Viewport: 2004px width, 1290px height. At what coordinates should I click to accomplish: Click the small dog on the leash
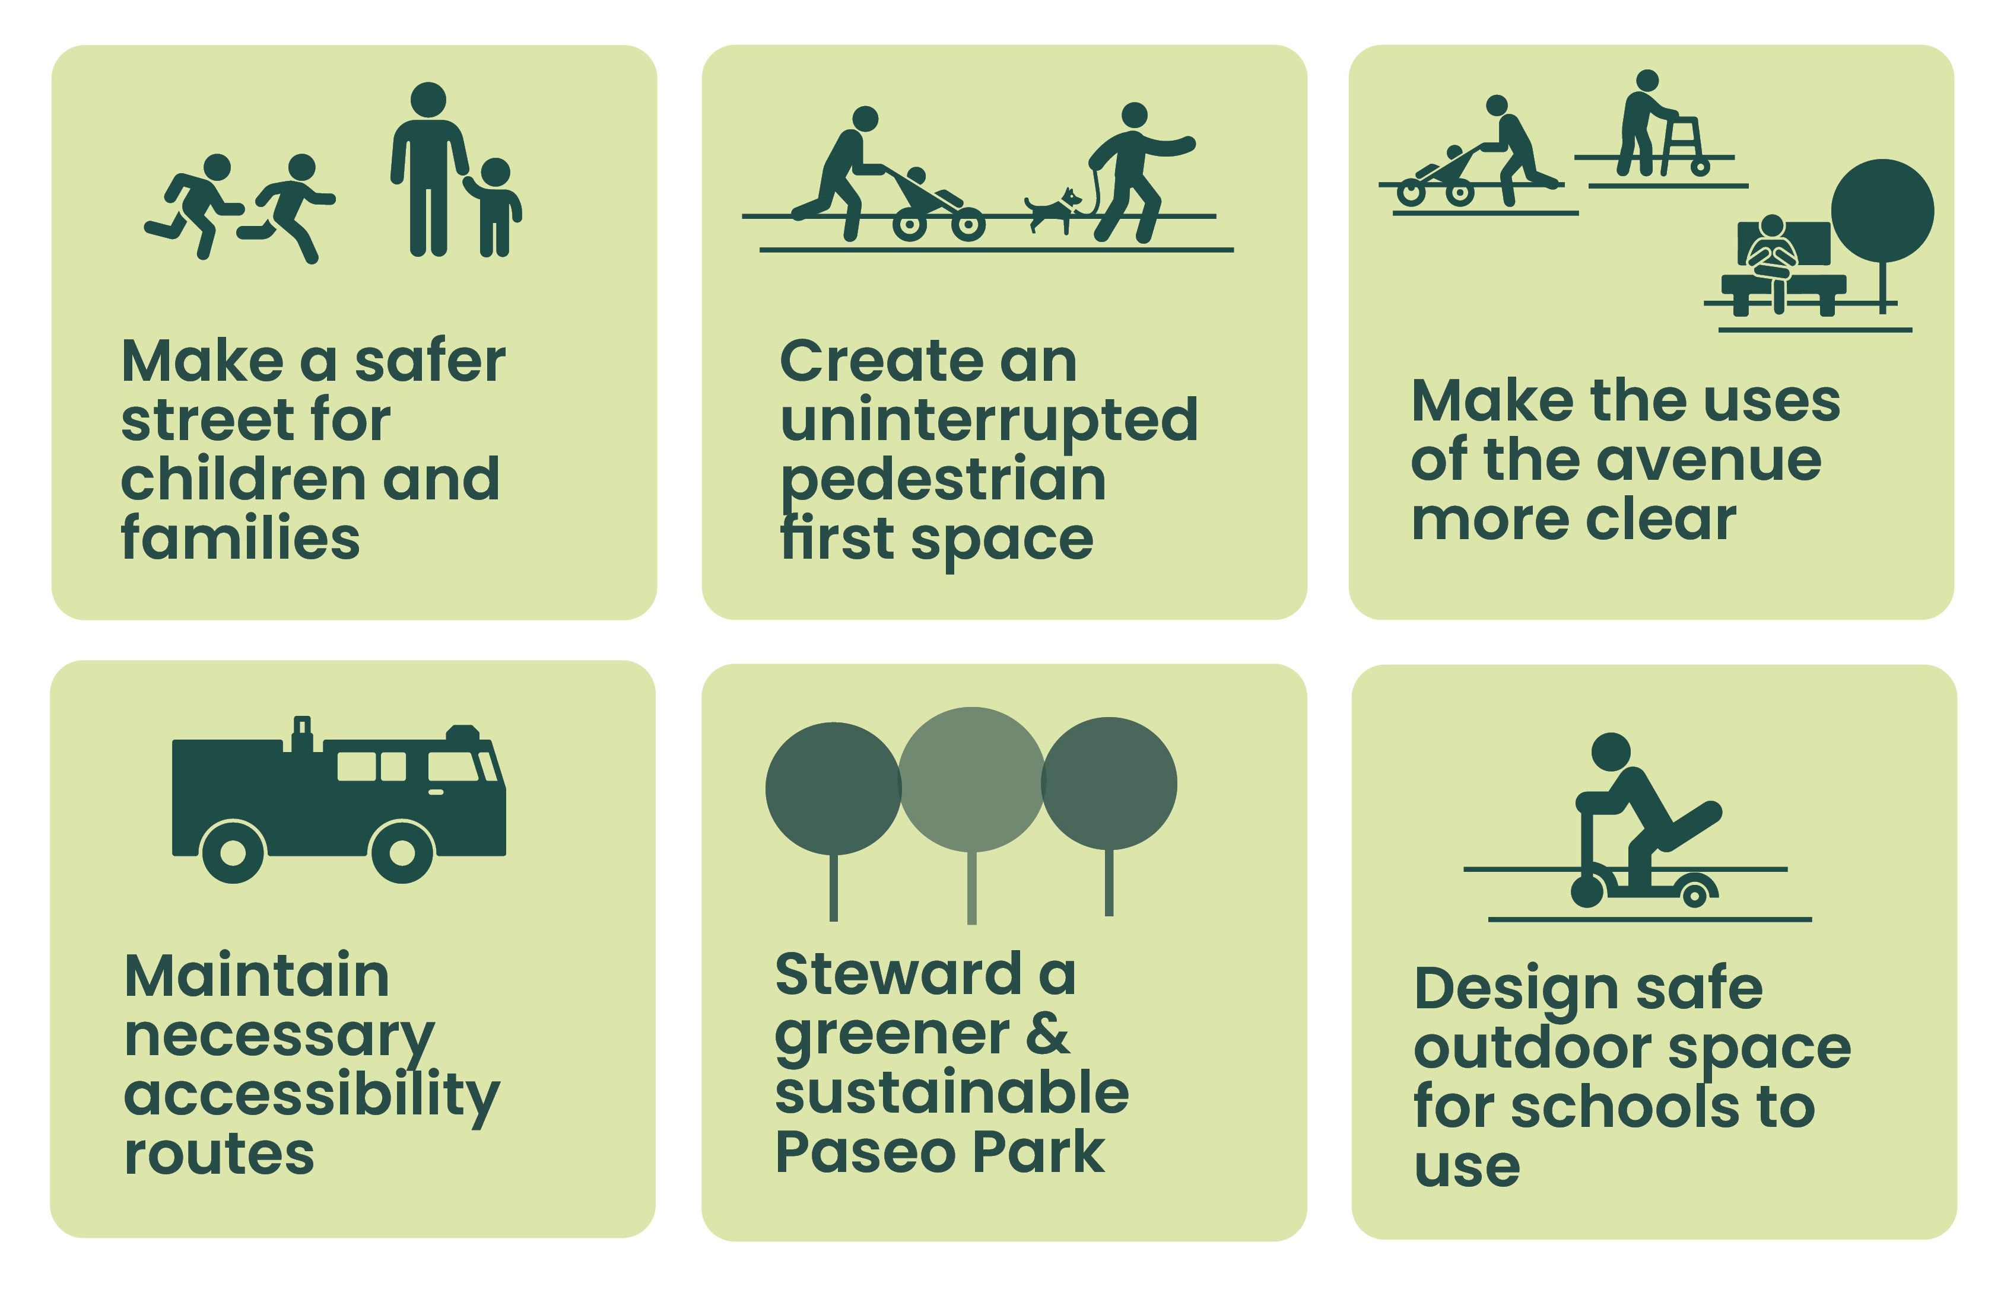pos(1053,209)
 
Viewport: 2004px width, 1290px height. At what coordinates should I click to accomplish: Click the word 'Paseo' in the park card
pos(866,1152)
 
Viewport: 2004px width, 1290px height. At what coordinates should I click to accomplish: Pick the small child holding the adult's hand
pos(494,207)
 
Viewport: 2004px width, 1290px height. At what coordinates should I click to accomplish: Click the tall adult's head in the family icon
pos(429,100)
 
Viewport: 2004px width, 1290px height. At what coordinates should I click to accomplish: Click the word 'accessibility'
pos(312,1097)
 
